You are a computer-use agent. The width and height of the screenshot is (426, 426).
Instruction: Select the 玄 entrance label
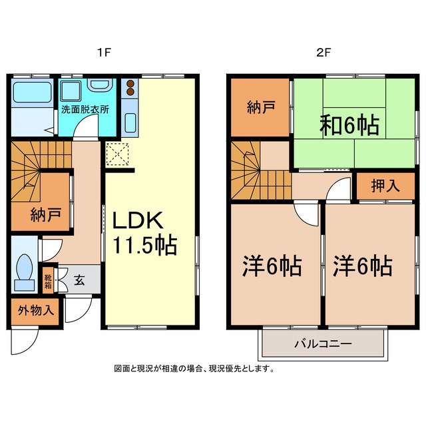tap(79, 280)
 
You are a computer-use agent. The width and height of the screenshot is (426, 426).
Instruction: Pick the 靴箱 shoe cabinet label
tap(49, 280)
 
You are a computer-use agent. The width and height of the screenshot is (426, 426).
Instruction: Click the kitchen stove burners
tap(130, 89)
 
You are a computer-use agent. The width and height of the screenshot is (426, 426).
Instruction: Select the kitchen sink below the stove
tap(130, 122)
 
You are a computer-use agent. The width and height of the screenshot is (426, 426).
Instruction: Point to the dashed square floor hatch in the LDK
tap(117, 154)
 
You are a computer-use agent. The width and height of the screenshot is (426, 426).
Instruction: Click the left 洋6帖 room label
tap(272, 266)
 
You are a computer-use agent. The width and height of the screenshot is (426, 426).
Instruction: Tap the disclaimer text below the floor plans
tap(194, 369)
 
